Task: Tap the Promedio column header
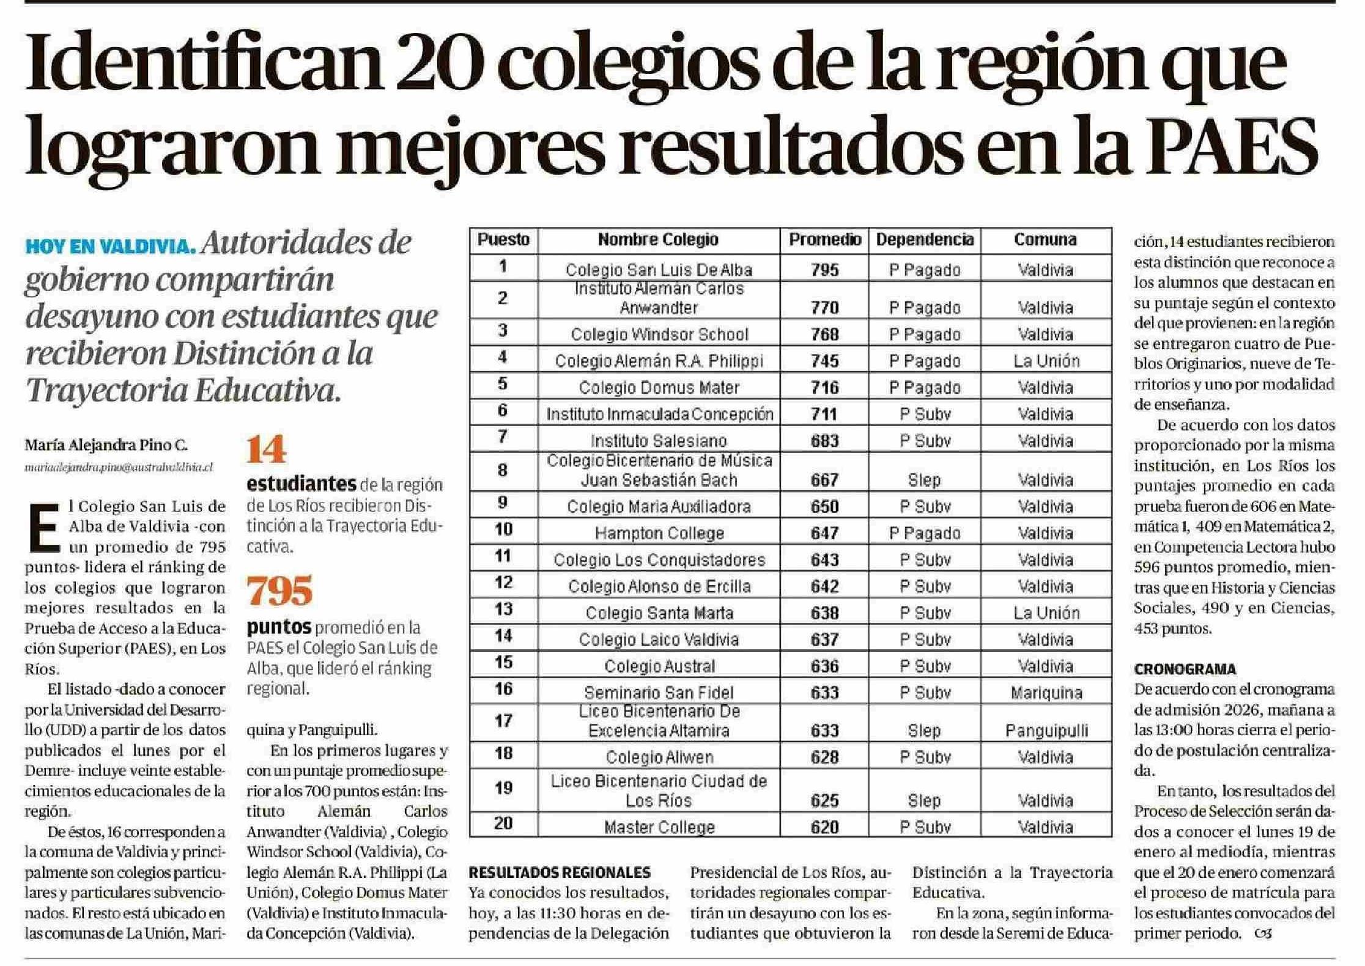click(x=824, y=240)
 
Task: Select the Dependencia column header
click(x=924, y=240)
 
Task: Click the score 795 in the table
click(x=824, y=270)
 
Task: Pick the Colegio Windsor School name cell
click(x=659, y=334)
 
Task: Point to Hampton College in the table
click(x=659, y=534)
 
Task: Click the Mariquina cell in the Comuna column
click(x=1046, y=693)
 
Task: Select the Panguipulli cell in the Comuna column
click(x=1046, y=731)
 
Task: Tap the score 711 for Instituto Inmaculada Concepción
click(x=824, y=415)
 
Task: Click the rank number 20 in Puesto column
click(x=503, y=824)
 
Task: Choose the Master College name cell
click(x=659, y=827)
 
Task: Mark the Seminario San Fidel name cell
click(x=659, y=693)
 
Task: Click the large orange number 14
click(x=267, y=450)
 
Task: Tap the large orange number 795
click(x=279, y=591)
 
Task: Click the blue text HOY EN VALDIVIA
click(x=110, y=246)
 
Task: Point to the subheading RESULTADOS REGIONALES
click(x=560, y=872)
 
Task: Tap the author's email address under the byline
click(x=119, y=468)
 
